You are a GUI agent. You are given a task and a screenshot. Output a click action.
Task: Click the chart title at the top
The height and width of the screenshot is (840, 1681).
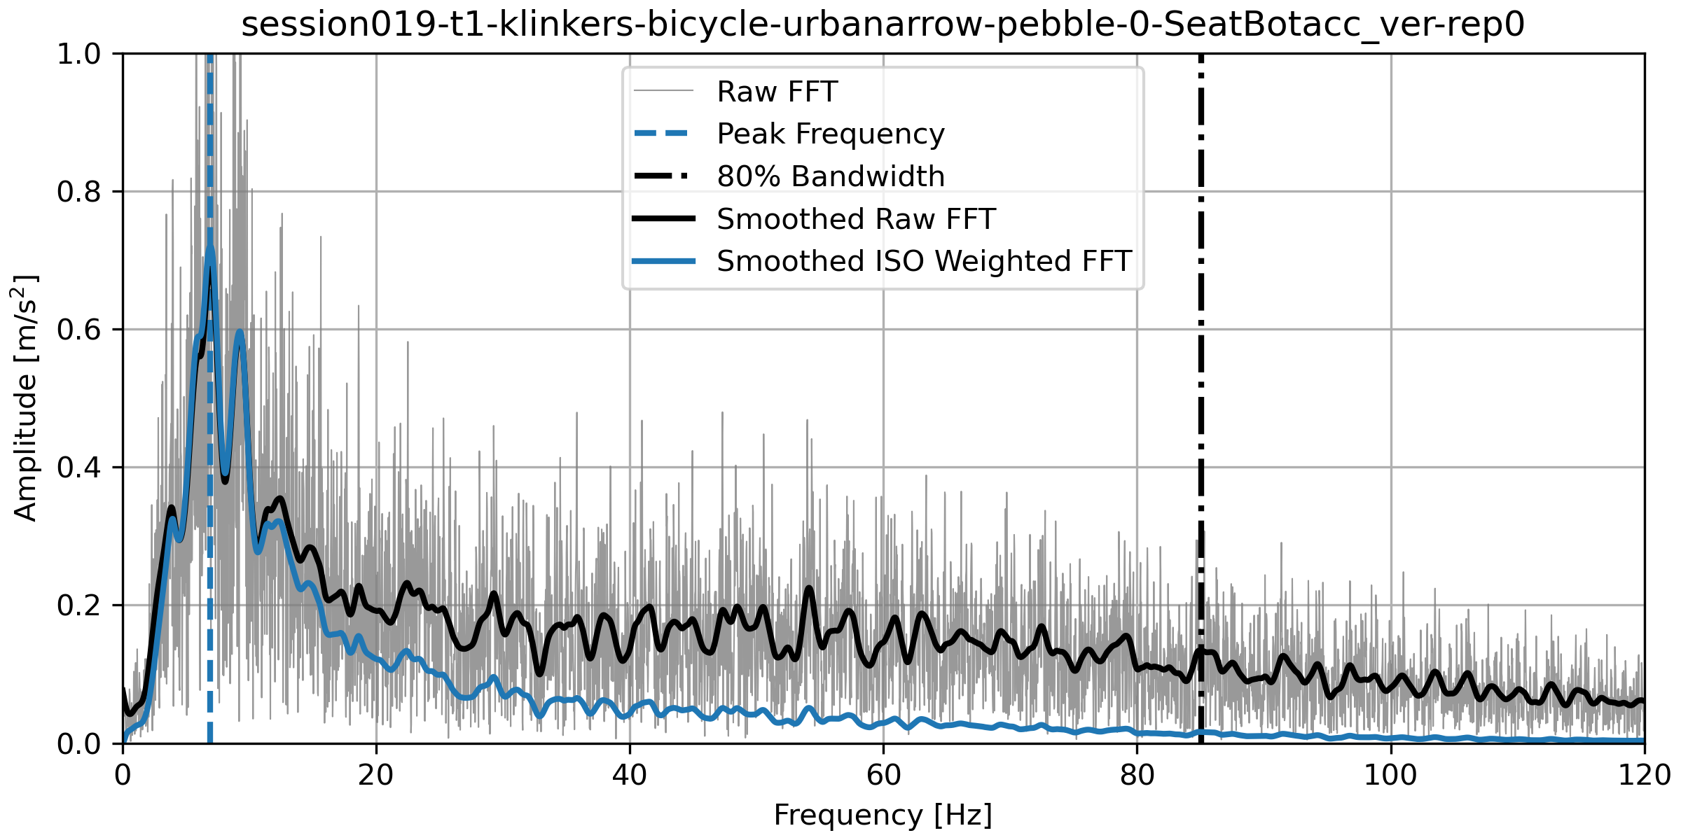point(883,24)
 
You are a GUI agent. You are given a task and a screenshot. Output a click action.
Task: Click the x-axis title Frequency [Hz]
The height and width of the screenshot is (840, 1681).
point(883,815)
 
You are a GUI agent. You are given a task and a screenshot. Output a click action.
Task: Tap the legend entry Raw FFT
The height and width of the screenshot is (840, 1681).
point(777,92)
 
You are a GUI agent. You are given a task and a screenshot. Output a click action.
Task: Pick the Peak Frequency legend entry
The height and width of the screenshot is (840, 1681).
point(830,134)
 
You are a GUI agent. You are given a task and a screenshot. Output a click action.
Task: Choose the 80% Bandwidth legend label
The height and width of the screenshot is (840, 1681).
point(830,176)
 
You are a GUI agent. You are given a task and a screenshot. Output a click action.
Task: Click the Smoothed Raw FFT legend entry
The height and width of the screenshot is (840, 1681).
point(855,219)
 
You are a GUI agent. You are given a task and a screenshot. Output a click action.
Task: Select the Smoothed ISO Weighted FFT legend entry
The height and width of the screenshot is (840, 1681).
point(924,261)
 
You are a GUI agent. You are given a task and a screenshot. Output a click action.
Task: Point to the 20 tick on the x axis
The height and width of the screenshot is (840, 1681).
point(376,776)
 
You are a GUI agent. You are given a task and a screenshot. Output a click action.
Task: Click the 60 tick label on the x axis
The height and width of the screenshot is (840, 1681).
point(883,776)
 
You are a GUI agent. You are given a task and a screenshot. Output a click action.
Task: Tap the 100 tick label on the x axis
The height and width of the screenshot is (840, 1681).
point(1390,776)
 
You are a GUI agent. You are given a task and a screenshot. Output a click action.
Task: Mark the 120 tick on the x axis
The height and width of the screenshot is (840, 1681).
point(1644,776)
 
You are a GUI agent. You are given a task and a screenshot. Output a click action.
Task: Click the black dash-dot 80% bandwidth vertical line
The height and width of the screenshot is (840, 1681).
point(1201,420)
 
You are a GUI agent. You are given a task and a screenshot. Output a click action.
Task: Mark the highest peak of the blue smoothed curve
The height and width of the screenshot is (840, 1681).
point(210,249)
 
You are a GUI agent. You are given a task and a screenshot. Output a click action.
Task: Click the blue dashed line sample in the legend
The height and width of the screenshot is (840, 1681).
point(663,134)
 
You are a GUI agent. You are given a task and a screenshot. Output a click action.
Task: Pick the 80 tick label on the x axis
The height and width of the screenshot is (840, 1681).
point(1137,776)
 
